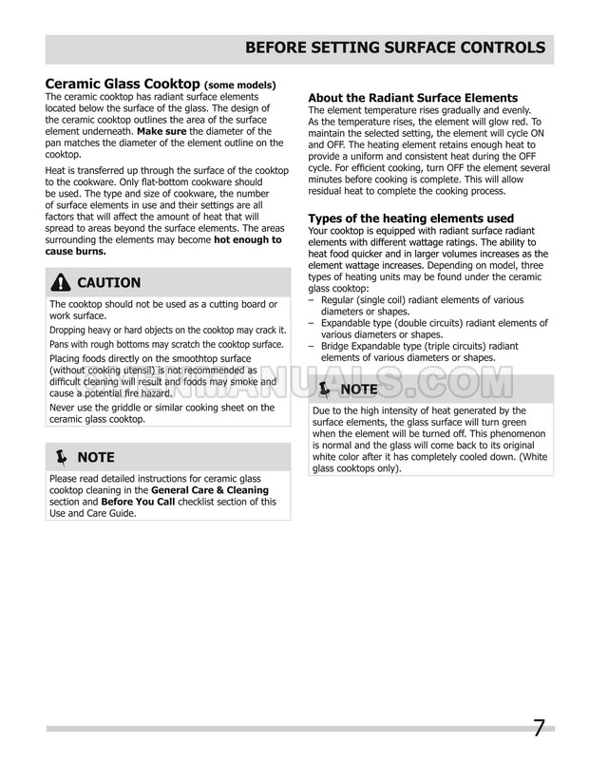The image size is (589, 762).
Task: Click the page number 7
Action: pyautogui.click(x=538, y=729)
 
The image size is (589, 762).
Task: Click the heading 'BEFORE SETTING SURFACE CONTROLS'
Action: pyautogui.click(x=395, y=48)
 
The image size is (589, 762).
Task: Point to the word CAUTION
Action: pyautogui.click(x=108, y=282)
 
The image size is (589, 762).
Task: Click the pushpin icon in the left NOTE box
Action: pyautogui.click(x=61, y=457)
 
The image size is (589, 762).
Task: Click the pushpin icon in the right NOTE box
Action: pyautogui.click(x=324, y=390)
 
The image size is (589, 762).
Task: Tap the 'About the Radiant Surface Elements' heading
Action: pyautogui.click(x=413, y=98)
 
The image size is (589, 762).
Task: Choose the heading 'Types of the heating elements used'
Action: pyautogui.click(x=411, y=219)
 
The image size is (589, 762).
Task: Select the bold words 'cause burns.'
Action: pyautogui.click(x=76, y=252)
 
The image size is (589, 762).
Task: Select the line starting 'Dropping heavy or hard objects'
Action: pyautogui.click(x=164, y=329)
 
